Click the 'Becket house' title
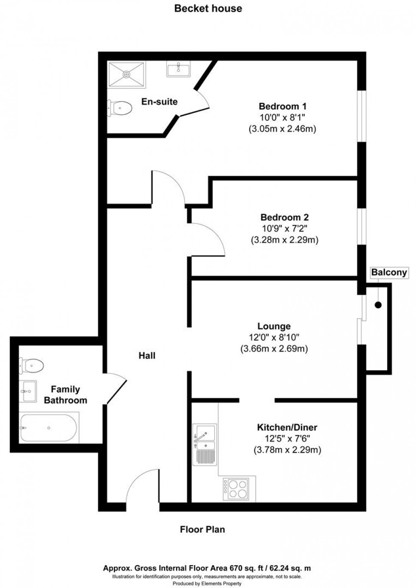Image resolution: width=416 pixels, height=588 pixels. [x=208, y=8]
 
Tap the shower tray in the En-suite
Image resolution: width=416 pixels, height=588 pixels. [x=126, y=75]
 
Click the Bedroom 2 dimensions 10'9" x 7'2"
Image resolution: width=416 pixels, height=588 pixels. [x=284, y=229]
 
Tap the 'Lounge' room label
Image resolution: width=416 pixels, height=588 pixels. [x=274, y=326]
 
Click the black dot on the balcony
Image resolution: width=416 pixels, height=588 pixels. [x=378, y=305]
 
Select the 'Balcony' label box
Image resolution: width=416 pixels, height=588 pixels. [x=389, y=273]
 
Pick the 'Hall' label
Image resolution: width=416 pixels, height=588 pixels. [x=147, y=356]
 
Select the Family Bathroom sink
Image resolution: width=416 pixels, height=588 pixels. [x=28, y=391]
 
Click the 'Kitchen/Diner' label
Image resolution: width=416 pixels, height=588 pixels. [x=287, y=427]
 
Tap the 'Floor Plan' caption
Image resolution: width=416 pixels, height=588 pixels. [x=202, y=529]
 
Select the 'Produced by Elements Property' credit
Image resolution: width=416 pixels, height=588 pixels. [x=208, y=584]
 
